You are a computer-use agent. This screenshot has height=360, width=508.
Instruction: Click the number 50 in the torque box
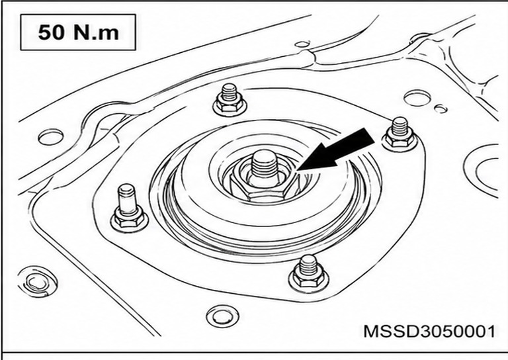tap(51, 32)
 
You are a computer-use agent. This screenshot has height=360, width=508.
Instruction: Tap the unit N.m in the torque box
tap(96, 32)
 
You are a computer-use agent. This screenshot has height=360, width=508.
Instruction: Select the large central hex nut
tap(263, 188)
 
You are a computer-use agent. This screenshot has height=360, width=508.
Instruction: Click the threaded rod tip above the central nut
tap(265, 163)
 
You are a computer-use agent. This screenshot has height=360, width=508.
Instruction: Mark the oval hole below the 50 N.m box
tap(50, 137)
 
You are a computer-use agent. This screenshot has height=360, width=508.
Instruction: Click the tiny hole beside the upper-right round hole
tap(441, 109)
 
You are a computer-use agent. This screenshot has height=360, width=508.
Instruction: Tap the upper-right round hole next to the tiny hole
tap(417, 98)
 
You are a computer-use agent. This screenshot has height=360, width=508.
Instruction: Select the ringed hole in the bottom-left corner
tap(38, 281)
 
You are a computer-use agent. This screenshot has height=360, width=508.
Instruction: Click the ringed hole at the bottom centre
tap(222, 316)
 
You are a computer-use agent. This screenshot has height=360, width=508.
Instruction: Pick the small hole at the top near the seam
tap(302, 44)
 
